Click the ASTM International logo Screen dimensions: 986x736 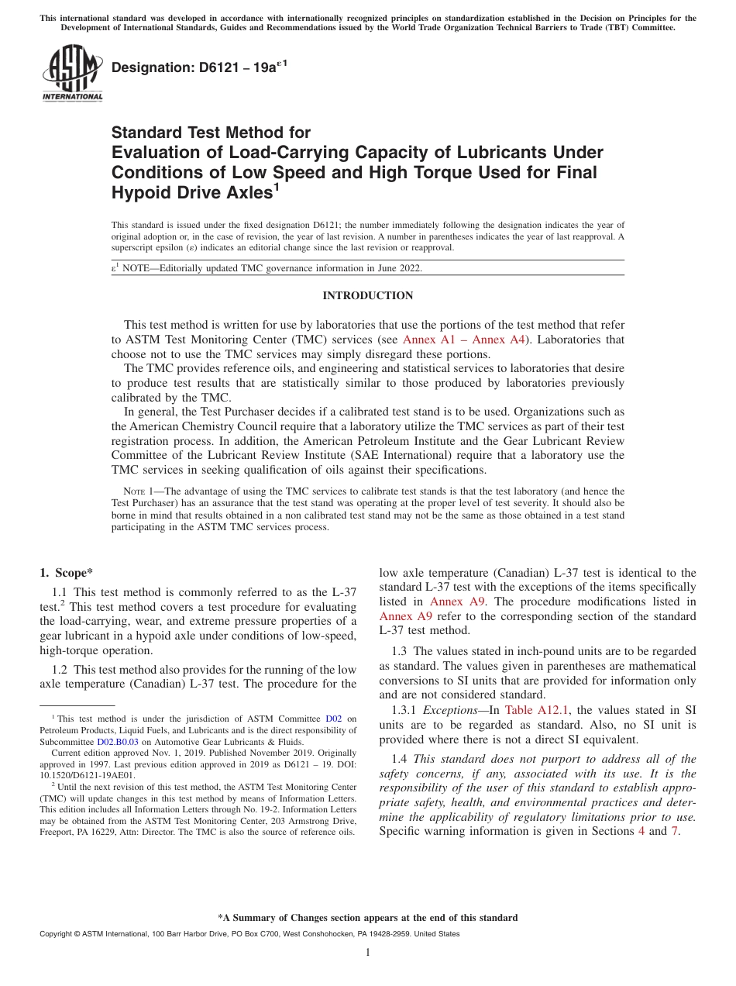pos(72,72)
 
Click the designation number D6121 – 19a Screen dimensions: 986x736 pos(200,67)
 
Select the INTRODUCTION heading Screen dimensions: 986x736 pos(368,295)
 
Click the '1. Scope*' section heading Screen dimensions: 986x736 pos(66,573)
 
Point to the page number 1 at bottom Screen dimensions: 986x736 pos(368,952)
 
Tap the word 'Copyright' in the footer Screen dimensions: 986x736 pos(56,934)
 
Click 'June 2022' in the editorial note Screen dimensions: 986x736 pos(398,268)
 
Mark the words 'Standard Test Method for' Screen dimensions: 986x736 pos(211,133)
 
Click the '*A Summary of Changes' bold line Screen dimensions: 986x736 pos(367,918)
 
